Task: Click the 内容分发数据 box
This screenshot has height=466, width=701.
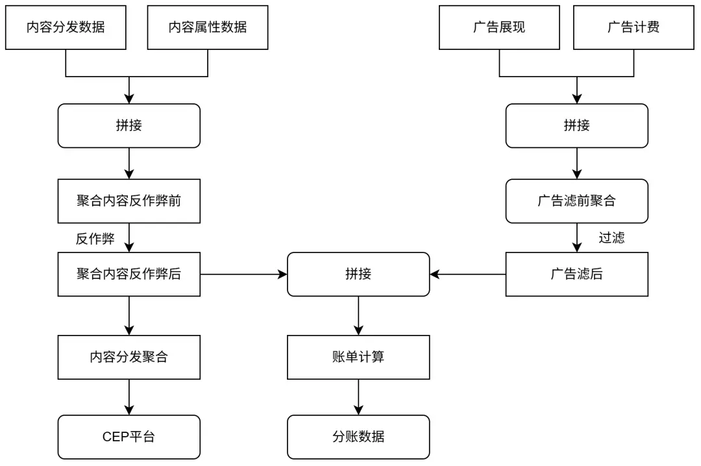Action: coord(66,27)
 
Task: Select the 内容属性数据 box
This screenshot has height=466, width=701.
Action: coord(208,27)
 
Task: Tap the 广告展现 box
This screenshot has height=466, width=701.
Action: coord(499,27)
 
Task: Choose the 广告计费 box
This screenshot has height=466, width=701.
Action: coord(633,27)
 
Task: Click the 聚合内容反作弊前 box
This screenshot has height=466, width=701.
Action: coord(129,201)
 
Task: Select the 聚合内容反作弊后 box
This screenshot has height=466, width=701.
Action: coord(129,275)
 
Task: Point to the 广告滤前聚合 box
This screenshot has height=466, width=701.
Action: coord(576,201)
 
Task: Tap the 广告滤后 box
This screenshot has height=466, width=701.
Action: coord(576,275)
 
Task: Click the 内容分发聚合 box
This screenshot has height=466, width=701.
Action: coord(129,358)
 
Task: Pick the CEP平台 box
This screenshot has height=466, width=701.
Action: coord(129,437)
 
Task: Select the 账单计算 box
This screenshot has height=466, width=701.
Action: coord(358,358)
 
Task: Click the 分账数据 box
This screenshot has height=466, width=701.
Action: coord(358,437)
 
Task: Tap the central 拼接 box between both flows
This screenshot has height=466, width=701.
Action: coord(358,275)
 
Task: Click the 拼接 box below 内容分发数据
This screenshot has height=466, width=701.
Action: coord(129,126)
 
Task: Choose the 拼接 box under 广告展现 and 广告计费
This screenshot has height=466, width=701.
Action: coord(576,126)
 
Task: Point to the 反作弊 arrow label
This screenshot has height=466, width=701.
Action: coord(95,239)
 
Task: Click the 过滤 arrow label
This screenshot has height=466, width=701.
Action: coord(611,238)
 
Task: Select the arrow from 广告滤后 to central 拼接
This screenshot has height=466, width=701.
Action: coord(467,275)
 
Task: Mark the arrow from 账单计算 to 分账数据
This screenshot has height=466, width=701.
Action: coord(358,397)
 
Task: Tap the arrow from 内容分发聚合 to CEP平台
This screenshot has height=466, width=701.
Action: coord(129,397)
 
